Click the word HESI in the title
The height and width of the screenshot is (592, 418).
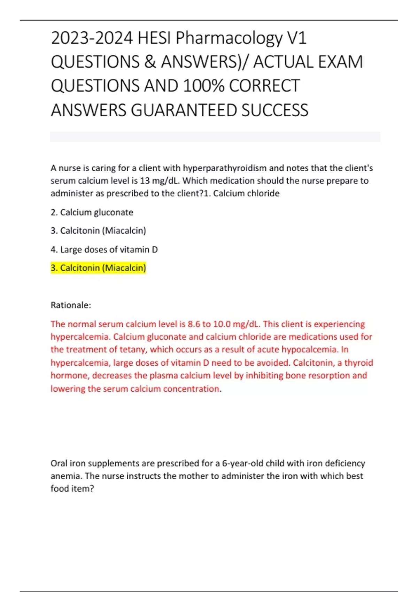pos(154,38)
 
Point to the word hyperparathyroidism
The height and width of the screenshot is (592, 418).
pos(225,168)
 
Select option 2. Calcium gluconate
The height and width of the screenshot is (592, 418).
pos(92,212)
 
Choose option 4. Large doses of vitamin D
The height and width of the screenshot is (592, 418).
pos(104,250)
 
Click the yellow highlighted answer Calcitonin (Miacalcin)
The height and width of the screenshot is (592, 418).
pos(98,268)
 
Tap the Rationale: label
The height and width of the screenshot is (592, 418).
pos(71,305)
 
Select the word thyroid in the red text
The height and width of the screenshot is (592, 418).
pos(358,363)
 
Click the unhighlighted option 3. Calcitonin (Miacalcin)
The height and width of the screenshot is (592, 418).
pos(98,231)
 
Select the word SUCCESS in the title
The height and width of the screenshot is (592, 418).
pos(275,110)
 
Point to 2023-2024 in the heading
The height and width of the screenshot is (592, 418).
pos(92,38)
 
